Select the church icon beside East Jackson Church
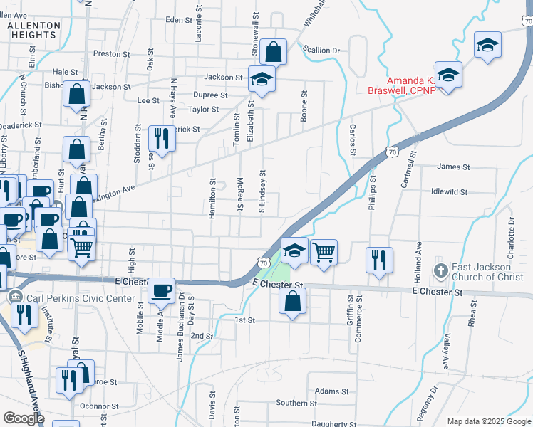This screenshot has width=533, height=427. point(440,271)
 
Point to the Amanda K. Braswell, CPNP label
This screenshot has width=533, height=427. point(400,85)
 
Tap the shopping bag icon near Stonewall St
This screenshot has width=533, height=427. point(273,52)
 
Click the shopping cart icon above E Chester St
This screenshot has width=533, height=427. point(324,251)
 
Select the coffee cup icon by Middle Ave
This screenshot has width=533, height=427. point(162,290)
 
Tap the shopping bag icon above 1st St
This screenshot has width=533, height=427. point(293,301)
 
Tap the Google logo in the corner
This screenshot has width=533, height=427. point(24,418)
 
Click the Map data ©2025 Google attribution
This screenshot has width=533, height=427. point(488,421)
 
